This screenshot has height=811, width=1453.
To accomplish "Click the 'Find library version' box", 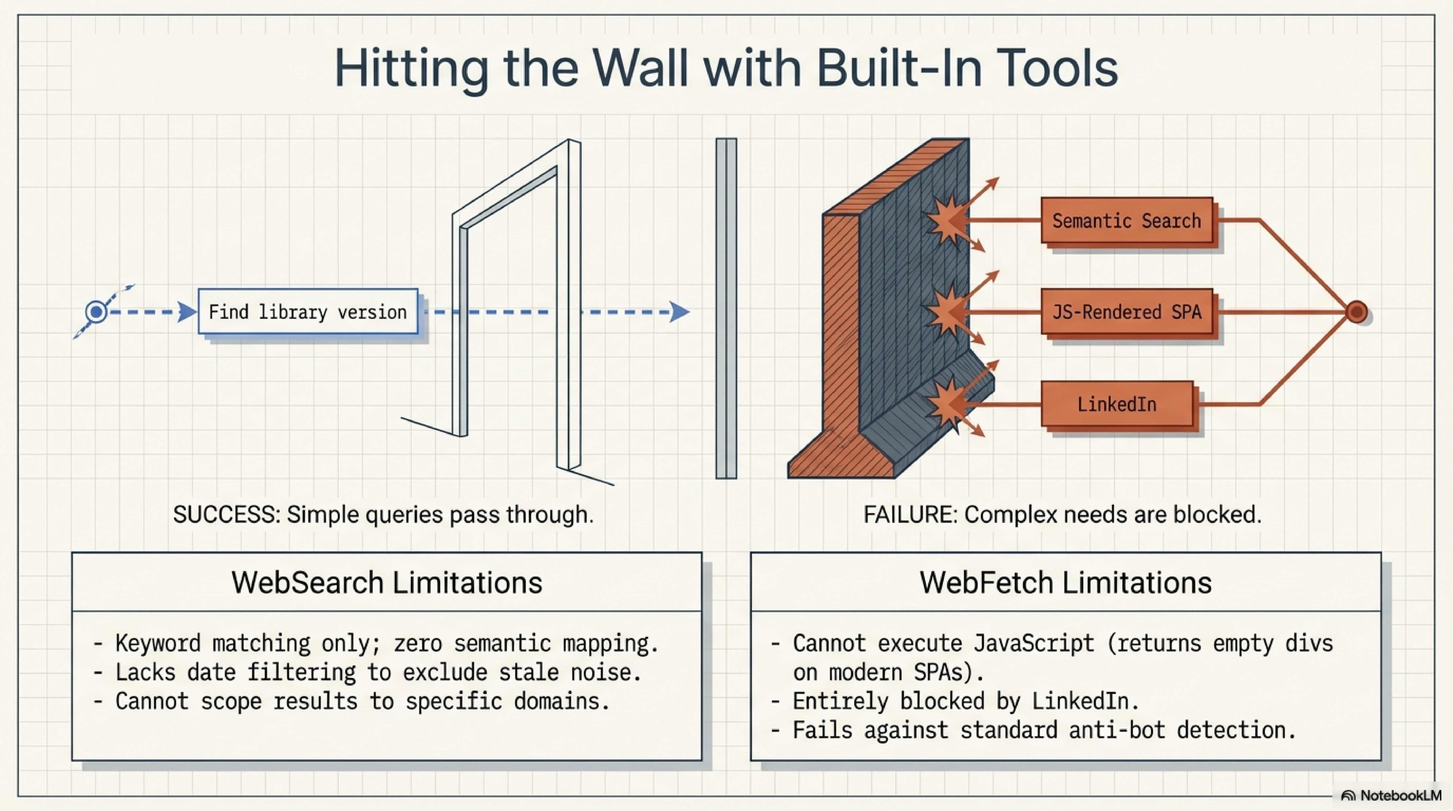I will tap(308, 311).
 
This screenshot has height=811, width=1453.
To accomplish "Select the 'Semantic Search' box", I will tap(1126, 220).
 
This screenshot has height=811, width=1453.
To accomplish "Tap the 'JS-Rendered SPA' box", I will tap(1126, 312).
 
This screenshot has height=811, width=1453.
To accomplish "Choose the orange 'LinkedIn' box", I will tap(1117, 404).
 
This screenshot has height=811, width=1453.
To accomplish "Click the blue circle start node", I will tap(96, 311).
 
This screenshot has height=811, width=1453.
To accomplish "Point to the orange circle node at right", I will tap(1356, 312).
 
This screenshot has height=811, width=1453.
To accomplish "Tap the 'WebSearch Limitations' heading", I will tap(387, 583).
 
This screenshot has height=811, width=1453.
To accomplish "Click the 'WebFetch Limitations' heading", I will tap(1066, 583).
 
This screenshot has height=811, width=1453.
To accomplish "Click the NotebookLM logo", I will tap(1391, 795).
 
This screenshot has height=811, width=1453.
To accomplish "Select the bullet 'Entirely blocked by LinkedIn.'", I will tap(966, 701).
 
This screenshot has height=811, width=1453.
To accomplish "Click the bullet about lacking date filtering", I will tap(378, 672).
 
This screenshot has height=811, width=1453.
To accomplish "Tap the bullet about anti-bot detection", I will tap(1044, 730).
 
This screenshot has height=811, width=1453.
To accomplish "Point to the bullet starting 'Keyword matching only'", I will tap(386, 643).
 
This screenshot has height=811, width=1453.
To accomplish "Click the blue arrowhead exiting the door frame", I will tap(680, 311).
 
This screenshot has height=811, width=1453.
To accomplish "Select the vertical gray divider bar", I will tap(726, 308).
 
